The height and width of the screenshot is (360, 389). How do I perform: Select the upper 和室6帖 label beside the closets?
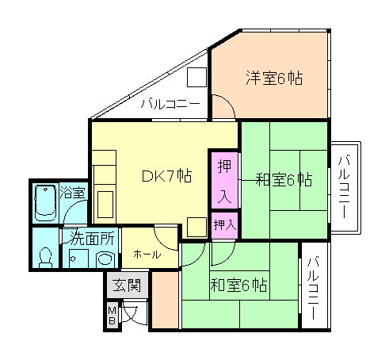pos(283,180)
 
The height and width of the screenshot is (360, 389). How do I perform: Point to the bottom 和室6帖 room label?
pos(238,285)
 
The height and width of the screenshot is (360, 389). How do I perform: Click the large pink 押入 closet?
pos(224,180)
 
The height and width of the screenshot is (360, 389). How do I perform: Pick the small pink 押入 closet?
pos(224,225)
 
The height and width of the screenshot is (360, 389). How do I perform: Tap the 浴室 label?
pos(73,192)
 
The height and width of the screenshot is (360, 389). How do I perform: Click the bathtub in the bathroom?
pos(45,202)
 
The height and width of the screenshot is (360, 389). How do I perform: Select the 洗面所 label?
pos(92,237)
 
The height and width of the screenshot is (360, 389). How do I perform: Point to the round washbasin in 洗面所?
pos(104,259)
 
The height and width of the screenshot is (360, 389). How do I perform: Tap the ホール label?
pos(147,255)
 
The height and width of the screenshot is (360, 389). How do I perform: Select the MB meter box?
pos(112,315)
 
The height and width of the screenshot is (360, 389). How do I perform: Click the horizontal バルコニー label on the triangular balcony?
pos(170,104)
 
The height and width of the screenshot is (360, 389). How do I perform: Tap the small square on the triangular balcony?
pos(196,78)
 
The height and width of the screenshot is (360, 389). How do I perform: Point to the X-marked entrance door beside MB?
pos(133,313)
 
